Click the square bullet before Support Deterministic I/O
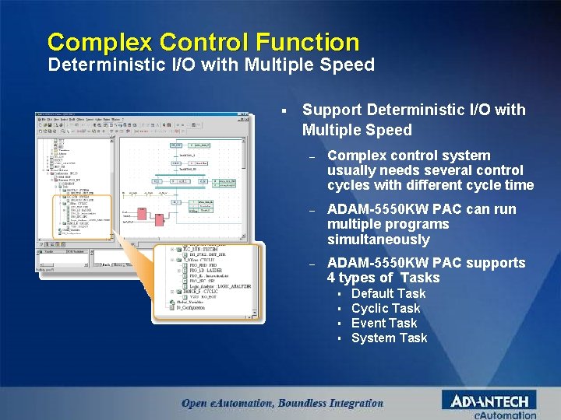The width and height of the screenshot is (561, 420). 288,110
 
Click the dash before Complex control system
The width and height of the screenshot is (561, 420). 312,156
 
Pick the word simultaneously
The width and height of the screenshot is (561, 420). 379,240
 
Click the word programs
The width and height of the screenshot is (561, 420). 420,224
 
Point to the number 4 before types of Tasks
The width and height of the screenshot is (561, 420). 331,278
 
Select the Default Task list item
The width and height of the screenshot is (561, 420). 388,293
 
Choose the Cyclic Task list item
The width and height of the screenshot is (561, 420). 385,308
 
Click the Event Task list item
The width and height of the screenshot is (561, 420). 383,323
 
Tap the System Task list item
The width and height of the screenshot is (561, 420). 389,338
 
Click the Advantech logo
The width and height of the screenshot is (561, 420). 489,401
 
